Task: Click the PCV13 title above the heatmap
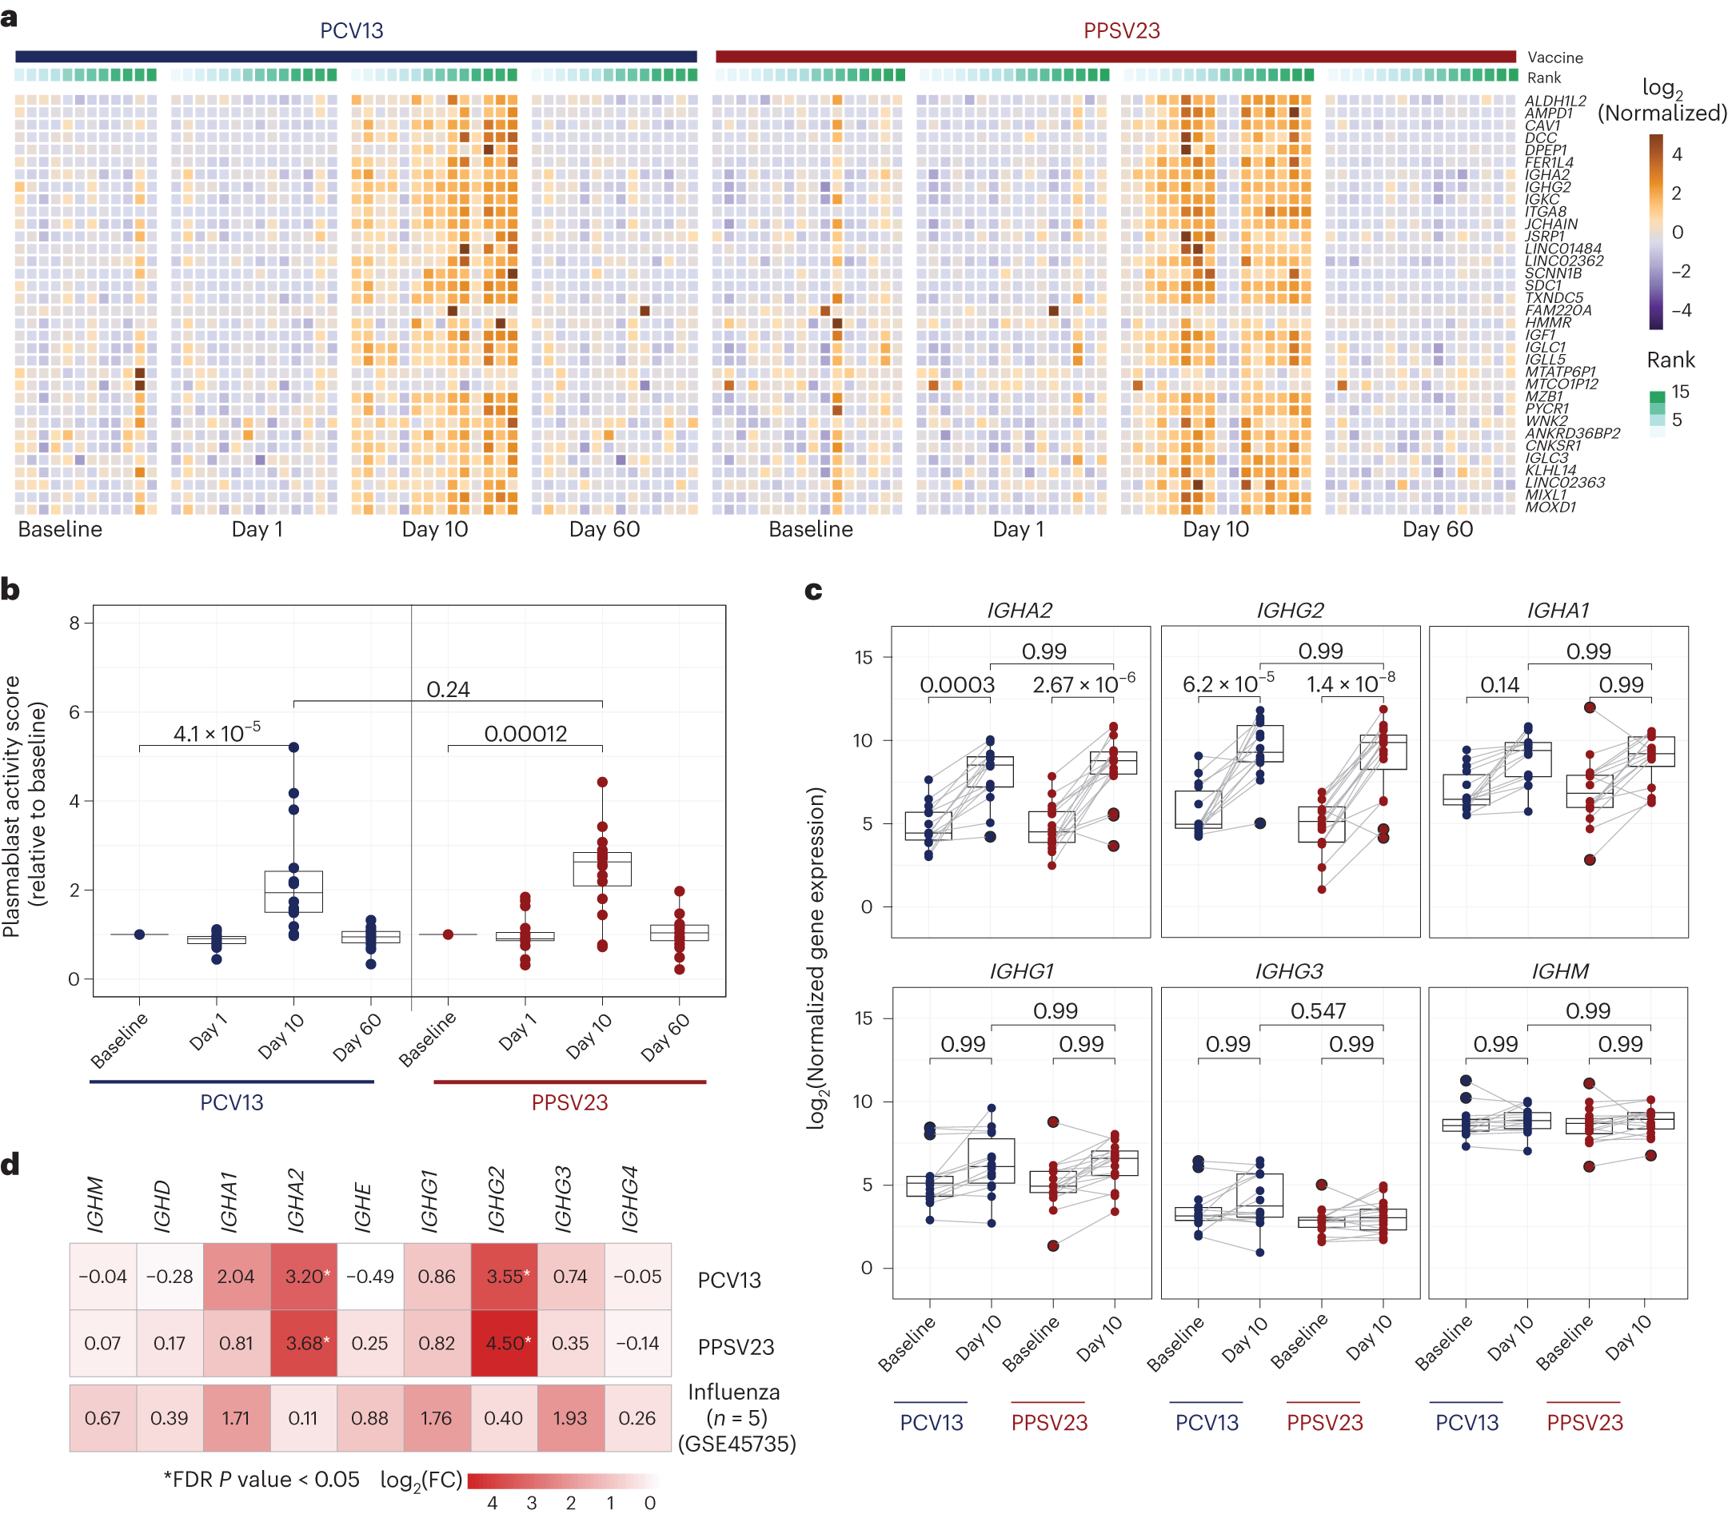tap(351, 30)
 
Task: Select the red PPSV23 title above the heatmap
tap(1120, 30)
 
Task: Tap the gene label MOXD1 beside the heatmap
tap(1550, 508)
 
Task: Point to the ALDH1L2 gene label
tap(1554, 101)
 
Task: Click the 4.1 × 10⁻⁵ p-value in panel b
tap(217, 733)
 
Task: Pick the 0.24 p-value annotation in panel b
tap(447, 689)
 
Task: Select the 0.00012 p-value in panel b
tap(525, 733)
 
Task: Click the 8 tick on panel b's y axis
tap(74, 624)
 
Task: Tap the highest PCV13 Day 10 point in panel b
tap(294, 747)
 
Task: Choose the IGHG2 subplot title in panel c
tap(1290, 610)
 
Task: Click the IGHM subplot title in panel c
tap(1559, 971)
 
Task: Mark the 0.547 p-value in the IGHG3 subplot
tap(1317, 1010)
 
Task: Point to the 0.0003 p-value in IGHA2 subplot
tap(956, 684)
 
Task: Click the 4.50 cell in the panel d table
tap(505, 1344)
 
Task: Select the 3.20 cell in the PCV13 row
tap(304, 1277)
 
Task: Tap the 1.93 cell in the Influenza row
tap(570, 1419)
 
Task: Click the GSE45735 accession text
tap(736, 1443)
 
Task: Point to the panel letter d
tap(10, 1164)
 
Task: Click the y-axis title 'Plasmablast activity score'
tap(12, 806)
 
